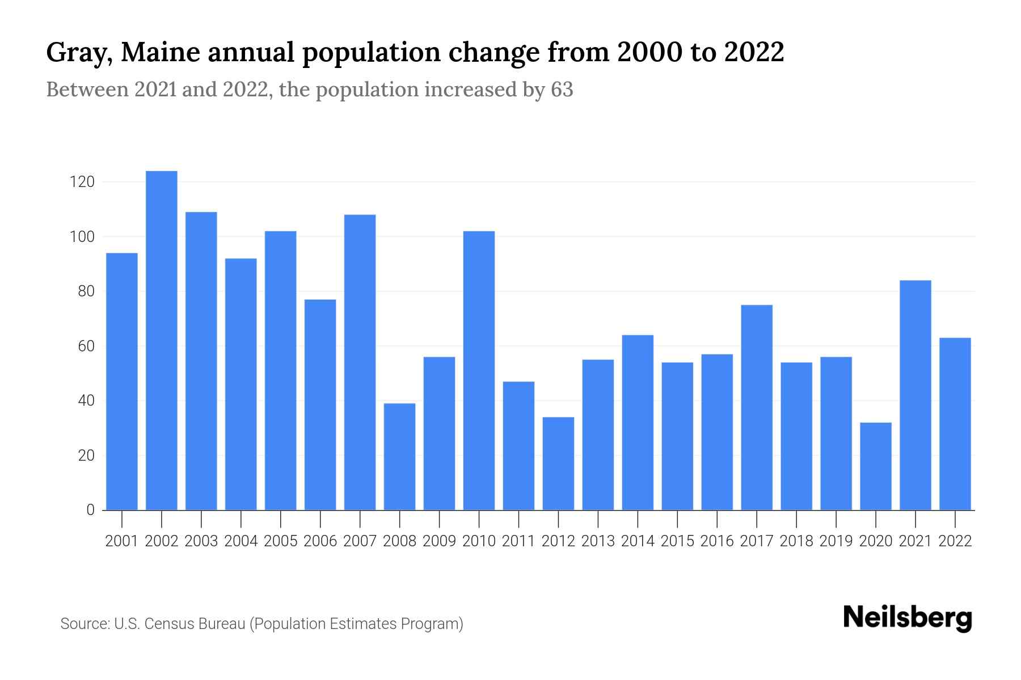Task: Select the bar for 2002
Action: pos(162,340)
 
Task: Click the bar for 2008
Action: pos(400,457)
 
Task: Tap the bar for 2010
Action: pos(479,371)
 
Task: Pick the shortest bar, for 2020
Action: pos(876,466)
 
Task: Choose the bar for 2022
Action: pos(955,424)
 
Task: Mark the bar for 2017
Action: pos(757,407)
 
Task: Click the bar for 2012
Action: pos(559,464)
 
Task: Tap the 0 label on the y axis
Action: pos(90,510)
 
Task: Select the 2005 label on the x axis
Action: pos(281,541)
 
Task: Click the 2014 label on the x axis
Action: pos(638,541)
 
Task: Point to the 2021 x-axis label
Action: pos(915,541)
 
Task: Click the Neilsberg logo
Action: pos(908,618)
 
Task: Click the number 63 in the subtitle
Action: pos(562,90)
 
